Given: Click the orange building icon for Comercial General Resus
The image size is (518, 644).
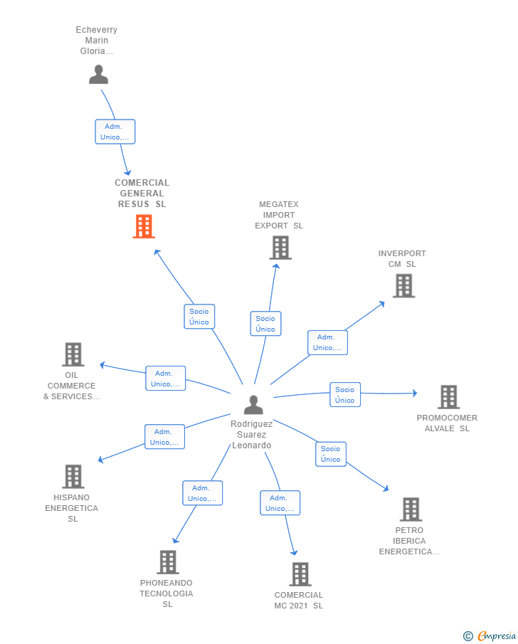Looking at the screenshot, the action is click(144, 226).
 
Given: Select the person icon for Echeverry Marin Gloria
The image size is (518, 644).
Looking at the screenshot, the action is click(99, 74).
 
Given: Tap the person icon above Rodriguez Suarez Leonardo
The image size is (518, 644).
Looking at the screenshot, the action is click(253, 405).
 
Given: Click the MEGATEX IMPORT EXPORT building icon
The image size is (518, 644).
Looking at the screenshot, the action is click(280, 248).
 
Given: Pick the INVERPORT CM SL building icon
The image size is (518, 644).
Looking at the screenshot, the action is click(404, 286).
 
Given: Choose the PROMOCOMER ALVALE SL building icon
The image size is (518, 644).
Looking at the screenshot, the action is click(448, 397).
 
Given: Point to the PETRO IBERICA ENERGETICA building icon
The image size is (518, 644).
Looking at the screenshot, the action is click(411, 510).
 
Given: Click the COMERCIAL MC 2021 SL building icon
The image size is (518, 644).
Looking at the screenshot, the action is click(300, 574).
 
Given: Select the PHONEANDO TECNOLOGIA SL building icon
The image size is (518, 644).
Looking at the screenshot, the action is click(168, 562).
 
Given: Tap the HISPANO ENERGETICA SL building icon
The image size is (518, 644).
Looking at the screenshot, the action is click(73, 477).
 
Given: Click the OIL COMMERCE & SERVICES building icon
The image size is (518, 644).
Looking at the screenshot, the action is click(73, 354).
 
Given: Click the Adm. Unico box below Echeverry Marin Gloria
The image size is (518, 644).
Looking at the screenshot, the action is click(115, 132).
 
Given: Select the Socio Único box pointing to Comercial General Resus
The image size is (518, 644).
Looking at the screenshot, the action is click(199, 317).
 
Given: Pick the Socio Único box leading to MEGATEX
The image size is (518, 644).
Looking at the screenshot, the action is click(266, 324).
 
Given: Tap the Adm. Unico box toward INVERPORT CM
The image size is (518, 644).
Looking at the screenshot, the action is click(328, 342).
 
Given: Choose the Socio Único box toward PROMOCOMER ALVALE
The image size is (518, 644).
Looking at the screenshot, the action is click(345, 395).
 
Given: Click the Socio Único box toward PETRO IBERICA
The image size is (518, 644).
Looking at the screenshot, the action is click(331, 454).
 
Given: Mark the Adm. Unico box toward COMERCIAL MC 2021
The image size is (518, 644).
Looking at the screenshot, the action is click(280, 502).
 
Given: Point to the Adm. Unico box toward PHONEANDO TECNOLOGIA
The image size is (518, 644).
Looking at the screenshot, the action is click(203, 493).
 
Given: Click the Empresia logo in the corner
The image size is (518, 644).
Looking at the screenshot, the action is click(490, 635).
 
